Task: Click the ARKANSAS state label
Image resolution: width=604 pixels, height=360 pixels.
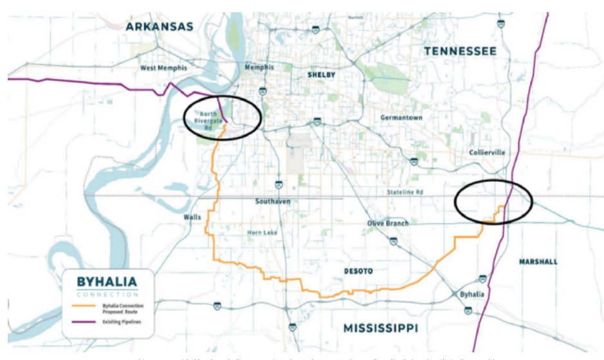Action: [x=159, y=26]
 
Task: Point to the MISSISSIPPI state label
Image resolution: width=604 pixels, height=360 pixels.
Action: [x=380, y=328]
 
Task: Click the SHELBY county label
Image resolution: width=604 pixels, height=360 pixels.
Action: [x=322, y=75]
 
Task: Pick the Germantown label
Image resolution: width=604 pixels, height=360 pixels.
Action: [x=401, y=118]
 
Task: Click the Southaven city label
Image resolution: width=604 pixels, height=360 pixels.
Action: [x=273, y=201]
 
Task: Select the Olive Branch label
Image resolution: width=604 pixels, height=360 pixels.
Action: [x=389, y=223]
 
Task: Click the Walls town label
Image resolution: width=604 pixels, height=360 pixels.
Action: [x=192, y=217]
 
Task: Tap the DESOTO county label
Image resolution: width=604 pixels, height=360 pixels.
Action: [x=358, y=271]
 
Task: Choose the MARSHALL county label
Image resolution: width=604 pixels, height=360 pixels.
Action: [x=537, y=262]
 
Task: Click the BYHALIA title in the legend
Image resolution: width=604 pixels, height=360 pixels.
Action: [x=107, y=282]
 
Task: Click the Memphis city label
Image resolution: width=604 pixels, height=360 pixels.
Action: [x=259, y=67]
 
